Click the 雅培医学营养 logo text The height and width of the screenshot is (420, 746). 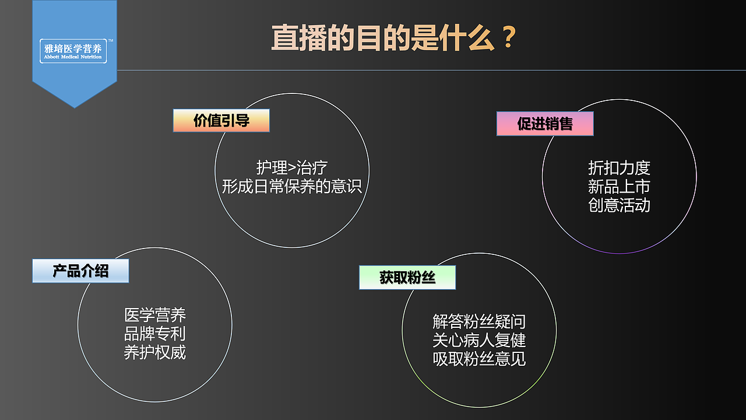pyautogui.click(x=73, y=48)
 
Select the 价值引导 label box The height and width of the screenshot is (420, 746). pyautogui.click(x=221, y=121)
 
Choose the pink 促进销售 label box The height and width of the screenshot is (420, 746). pyautogui.click(x=545, y=124)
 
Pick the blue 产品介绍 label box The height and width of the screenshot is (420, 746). pyautogui.click(x=80, y=271)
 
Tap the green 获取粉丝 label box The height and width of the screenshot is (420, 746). pyautogui.click(x=407, y=278)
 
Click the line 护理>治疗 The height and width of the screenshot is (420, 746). pyautogui.click(x=292, y=168)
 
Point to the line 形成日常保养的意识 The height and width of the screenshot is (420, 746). pyautogui.click(x=292, y=186)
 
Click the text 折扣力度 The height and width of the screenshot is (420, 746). pyautogui.click(x=619, y=168)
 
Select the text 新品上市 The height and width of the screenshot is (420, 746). pyautogui.click(x=619, y=187)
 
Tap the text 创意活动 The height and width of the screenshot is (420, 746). pyautogui.click(x=619, y=205)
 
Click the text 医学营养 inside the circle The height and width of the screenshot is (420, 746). pyautogui.click(x=155, y=316)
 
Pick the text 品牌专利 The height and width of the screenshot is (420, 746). pyautogui.click(x=155, y=334)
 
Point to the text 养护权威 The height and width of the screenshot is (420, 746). pyautogui.click(x=155, y=353)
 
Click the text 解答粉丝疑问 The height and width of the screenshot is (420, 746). pyautogui.click(x=479, y=321)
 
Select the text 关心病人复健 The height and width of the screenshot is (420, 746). pyautogui.click(x=479, y=340)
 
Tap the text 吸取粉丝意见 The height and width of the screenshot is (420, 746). pyautogui.click(x=479, y=359)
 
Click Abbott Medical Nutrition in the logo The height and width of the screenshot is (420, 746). pyautogui.click(x=73, y=57)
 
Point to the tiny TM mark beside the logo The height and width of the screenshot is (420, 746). pyautogui.click(x=111, y=41)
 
